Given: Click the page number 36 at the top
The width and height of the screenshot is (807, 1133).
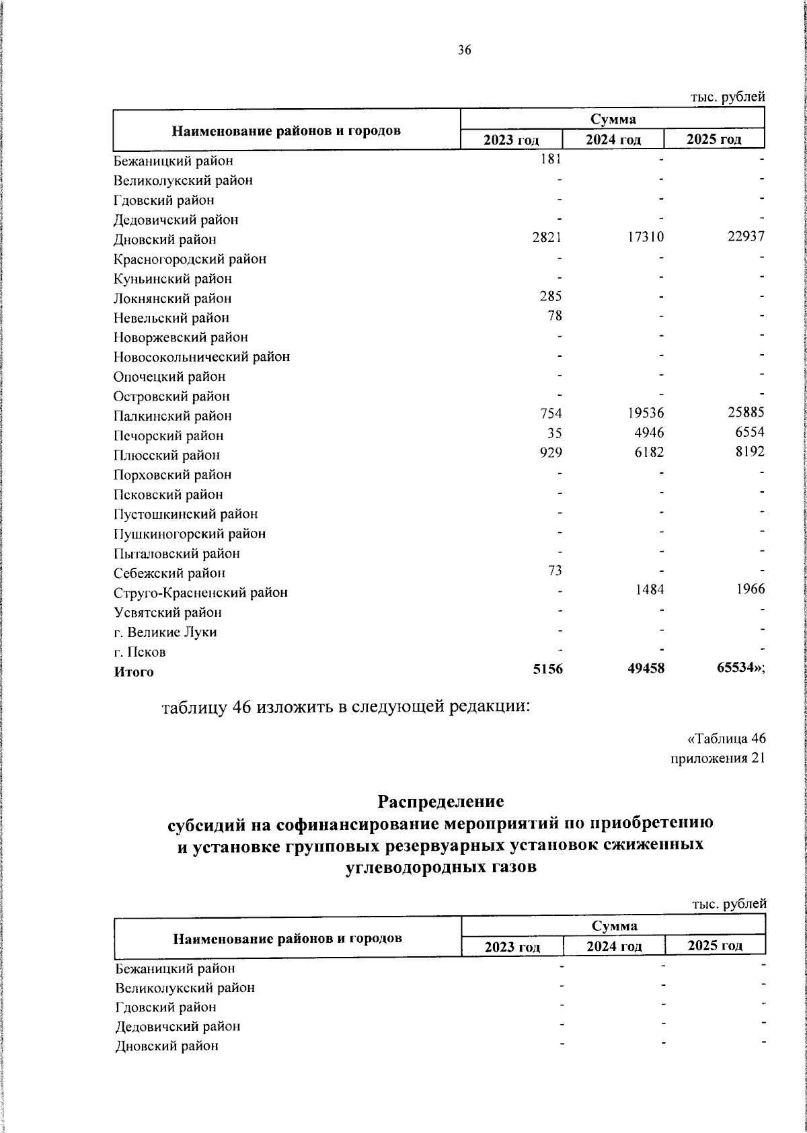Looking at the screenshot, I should pos(465,50).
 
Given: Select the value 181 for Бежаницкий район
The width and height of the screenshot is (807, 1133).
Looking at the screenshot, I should pos(551,159).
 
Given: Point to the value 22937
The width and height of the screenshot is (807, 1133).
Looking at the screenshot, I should pos(746,238).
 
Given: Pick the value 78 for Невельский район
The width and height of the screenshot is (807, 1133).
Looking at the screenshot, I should pos(555,316).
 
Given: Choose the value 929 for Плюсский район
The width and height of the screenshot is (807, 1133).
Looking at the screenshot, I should pos(551,453).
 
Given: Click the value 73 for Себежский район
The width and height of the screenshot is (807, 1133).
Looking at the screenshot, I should pos(555,571).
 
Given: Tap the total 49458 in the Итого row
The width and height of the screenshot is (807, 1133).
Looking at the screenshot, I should pos(646,669).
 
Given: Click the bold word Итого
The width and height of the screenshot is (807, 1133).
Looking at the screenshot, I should pos(133,672).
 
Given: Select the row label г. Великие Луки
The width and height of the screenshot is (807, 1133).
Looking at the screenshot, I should pos(165,632).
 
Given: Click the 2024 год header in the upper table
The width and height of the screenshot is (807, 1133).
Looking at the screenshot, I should pos(613,140).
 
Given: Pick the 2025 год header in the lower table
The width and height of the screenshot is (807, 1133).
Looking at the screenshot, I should pos(715,946).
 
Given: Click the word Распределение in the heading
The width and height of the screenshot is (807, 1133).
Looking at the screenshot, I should pos(440,802).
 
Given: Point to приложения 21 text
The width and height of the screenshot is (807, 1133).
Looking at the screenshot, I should pos(718,759).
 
